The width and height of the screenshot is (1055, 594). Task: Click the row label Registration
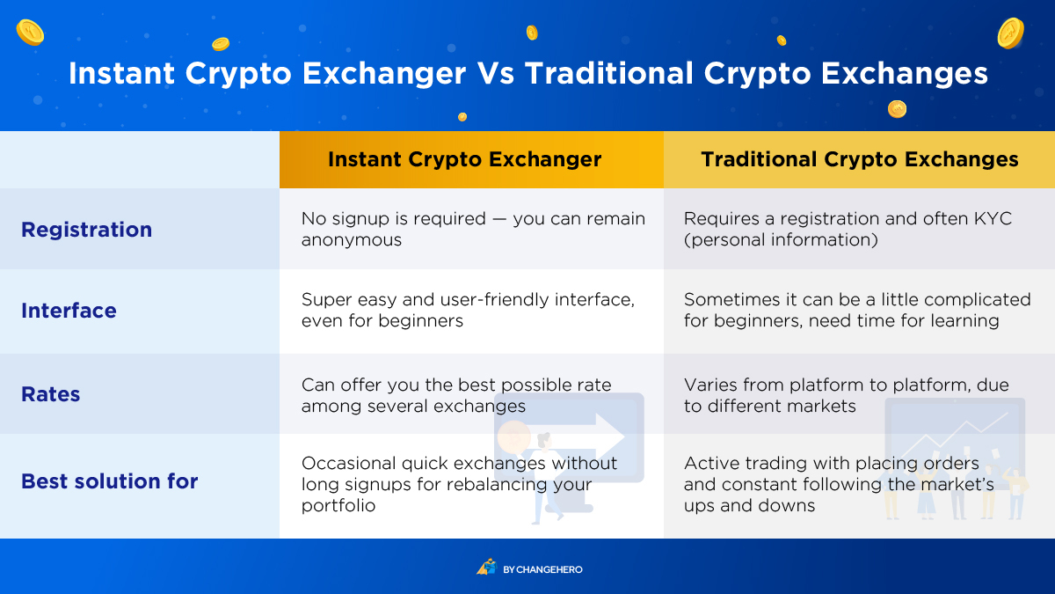coord(87,230)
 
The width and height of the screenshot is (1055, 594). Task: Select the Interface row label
coord(69,311)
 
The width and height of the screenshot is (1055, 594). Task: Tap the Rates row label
coord(50,394)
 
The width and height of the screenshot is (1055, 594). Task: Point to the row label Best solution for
coord(109,481)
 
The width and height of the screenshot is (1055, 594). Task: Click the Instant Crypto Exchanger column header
coord(464,159)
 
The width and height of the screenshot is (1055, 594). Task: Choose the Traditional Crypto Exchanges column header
coord(860,159)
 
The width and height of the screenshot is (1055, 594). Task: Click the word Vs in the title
coord(495,74)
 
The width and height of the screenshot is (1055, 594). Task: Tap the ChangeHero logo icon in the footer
coord(486,567)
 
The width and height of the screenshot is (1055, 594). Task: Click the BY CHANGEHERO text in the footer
coord(542,569)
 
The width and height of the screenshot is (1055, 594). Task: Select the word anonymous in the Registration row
coord(352,240)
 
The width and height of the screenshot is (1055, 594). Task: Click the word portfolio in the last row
coord(338,505)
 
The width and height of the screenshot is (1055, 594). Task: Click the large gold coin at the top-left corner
coord(30,33)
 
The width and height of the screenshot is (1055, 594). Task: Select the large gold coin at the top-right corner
coord(1011,33)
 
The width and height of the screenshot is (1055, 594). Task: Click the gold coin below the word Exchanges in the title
coord(897,109)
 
